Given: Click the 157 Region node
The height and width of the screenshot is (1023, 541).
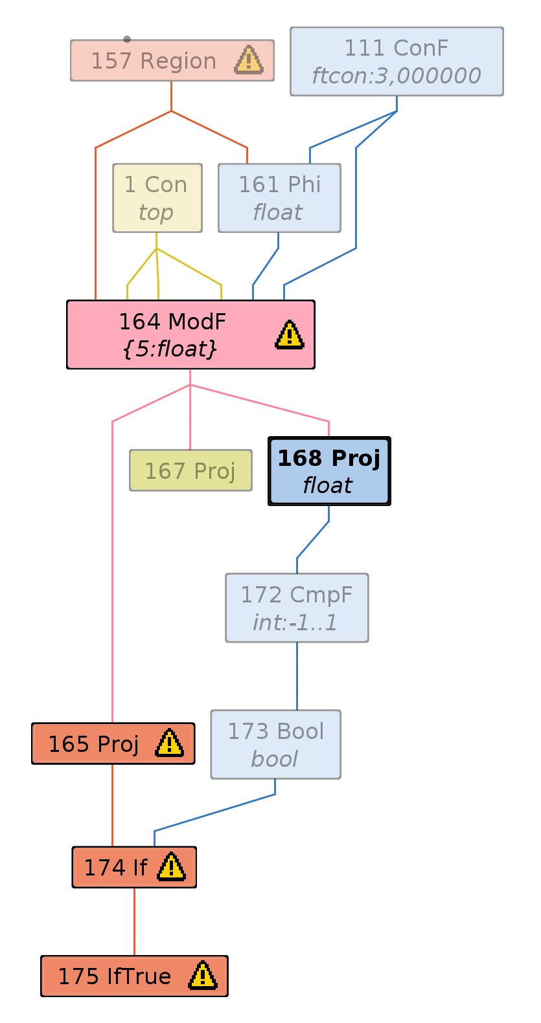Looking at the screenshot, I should (x=154, y=61).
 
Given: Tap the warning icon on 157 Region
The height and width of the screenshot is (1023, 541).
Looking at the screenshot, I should (x=248, y=60).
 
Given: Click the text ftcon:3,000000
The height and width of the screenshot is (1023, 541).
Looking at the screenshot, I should (x=396, y=76).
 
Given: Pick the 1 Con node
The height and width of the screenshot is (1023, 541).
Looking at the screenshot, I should (x=157, y=197).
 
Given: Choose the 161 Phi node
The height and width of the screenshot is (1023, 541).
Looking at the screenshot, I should (x=279, y=197).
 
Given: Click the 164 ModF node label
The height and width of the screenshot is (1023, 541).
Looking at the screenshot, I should (x=172, y=322).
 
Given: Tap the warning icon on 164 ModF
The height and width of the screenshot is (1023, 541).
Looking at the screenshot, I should (x=290, y=335).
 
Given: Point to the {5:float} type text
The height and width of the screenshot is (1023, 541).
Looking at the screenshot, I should (x=170, y=349).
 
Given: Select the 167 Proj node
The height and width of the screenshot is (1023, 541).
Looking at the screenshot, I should (x=190, y=470).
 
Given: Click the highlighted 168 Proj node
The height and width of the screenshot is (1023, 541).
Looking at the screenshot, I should (x=329, y=470).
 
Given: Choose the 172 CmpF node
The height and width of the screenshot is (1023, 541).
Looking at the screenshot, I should (x=297, y=607).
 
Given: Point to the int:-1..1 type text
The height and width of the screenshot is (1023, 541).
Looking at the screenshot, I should (x=295, y=622).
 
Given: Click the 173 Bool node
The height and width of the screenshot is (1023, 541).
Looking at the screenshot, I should (x=275, y=744).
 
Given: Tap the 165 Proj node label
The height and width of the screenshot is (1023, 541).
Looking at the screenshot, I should (x=93, y=744).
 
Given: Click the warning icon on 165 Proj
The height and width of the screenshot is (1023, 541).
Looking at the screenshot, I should (x=169, y=743).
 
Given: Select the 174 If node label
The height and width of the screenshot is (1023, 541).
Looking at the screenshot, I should (x=115, y=868).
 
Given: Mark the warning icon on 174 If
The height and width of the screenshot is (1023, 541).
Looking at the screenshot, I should (x=171, y=867).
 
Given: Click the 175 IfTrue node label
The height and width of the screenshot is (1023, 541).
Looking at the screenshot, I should (x=115, y=976).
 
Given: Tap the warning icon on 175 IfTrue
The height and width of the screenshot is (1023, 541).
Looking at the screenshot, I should (x=202, y=976).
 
